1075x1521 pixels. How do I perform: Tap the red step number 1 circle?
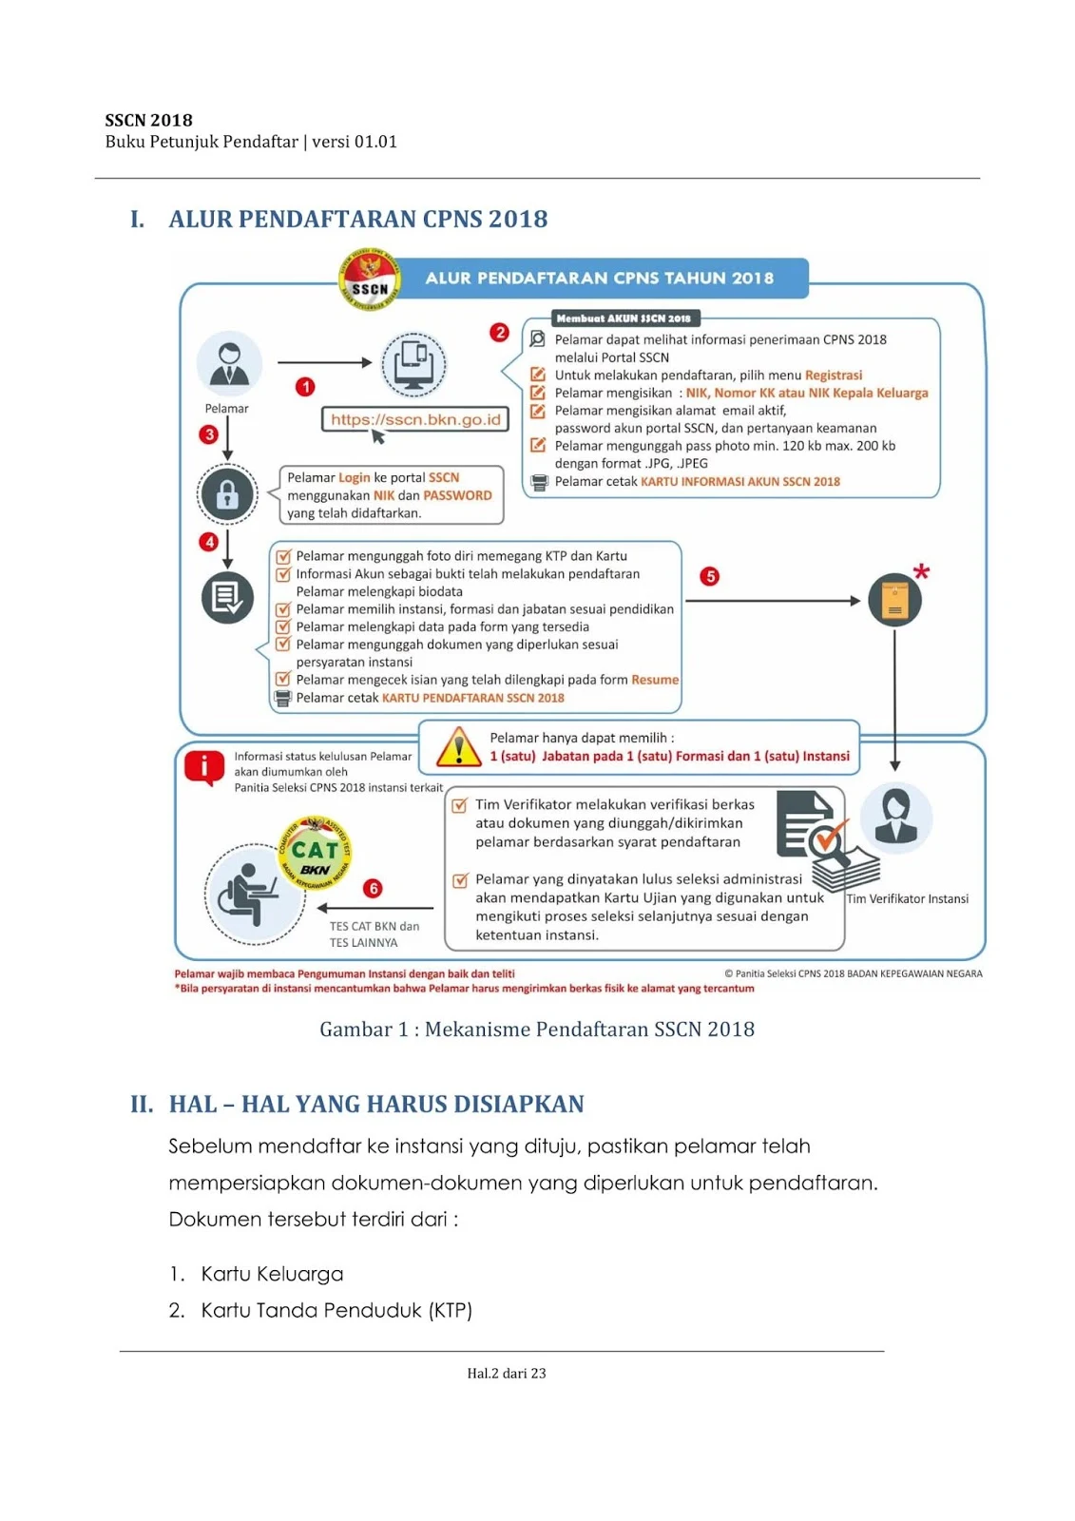coord(305,387)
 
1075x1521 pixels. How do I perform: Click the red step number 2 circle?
coord(499,333)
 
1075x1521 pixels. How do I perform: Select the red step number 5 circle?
coord(709,577)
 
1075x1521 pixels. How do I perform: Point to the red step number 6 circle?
coord(373,889)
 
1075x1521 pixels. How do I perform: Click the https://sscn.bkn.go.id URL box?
coord(415,419)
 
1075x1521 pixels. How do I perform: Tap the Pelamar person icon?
coord(229,365)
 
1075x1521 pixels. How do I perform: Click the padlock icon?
coord(227,494)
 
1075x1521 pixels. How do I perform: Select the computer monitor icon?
coord(413,364)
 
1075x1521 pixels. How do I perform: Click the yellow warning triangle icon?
coord(459,747)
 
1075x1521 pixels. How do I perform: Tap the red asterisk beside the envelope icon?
coord(920,572)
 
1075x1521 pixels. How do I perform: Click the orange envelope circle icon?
coord(894,601)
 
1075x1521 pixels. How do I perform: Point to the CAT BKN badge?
coord(315,852)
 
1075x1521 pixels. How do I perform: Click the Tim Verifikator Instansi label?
coord(908,899)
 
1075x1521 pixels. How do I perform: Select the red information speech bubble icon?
coord(204,767)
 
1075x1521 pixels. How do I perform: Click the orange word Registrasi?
coord(834,375)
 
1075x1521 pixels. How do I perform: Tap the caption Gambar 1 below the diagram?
coord(537,1030)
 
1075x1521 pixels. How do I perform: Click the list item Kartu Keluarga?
coord(272,1274)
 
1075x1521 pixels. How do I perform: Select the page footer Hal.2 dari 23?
coord(507,1373)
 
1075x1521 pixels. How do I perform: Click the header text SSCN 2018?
coord(149,121)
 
